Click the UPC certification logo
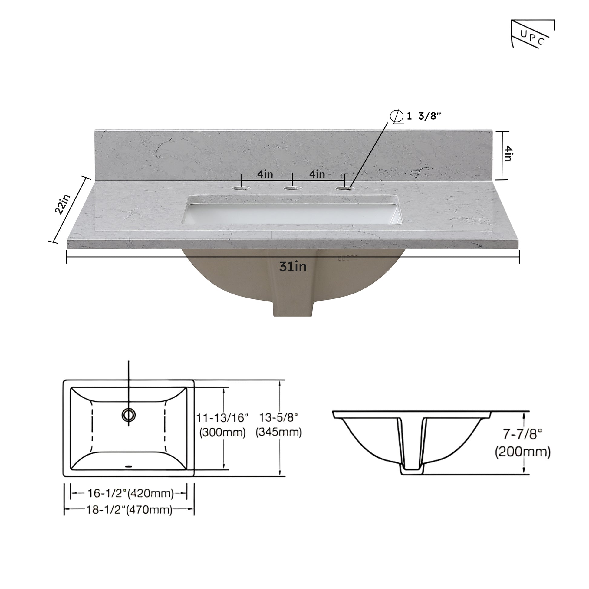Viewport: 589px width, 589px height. pyautogui.click(x=532, y=34)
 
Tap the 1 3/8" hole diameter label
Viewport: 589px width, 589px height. pyautogui.click(x=424, y=116)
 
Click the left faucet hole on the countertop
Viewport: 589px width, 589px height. pyautogui.click(x=241, y=188)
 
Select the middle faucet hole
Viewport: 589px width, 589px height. pyautogui.click(x=292, y=188)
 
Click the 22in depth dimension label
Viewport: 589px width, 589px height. pyautogui.click(x=62, y=204)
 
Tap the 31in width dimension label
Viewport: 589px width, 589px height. pyautogui.click(x=293, y=267)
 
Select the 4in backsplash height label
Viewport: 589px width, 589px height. pyautogui.click(x=508, y=154)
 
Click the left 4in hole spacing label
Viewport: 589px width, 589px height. pyautogui.click(x=265, y=174)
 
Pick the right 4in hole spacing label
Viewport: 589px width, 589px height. pyautogui.click(x=317, y=174)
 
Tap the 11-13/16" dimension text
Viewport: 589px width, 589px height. pyautogui.click(x=222, y=418)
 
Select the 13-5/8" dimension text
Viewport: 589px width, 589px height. pyautogui.click(x=278, y=418)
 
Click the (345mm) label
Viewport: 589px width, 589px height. pyautogui.click(x=278, y=432)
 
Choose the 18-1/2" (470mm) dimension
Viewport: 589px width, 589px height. pyautogui.click(x=129, y=509)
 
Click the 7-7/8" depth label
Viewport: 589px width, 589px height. pyautogui.click(x=522, y=434)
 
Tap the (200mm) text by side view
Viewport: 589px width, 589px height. pyautogui.click(x=522, y=452)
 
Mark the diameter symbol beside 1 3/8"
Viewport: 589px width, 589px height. pyautogui.click(x=397, y=117)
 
